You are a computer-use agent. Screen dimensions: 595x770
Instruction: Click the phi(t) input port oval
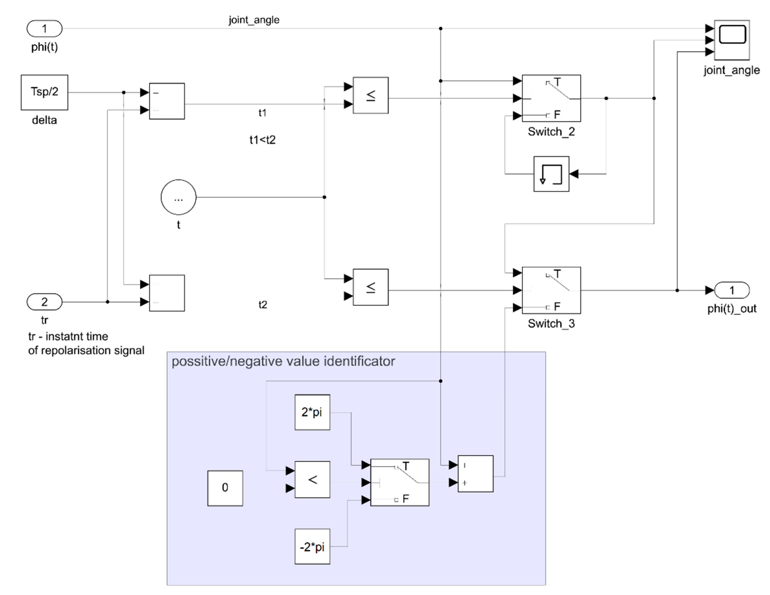(x=44, y=29)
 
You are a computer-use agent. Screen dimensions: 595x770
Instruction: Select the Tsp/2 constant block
(x=44, y=92)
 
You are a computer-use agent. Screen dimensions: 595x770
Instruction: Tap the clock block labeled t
(x=178, y=197)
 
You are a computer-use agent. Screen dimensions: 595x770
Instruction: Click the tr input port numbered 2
(x=44, y=302)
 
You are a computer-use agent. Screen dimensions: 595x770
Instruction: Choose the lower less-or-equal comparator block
(x=371, y=287)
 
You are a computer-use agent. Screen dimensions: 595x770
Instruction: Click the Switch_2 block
(x=551, y=98)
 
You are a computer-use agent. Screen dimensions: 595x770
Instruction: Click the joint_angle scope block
(x=731, y=40)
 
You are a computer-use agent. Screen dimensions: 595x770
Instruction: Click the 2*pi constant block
(x=312, y=412)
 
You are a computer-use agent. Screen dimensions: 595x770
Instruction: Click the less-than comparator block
(x=312, y=479)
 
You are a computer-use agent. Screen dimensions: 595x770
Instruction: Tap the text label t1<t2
(x=262, y=140)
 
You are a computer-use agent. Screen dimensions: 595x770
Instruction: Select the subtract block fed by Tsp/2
(x=167, y=101)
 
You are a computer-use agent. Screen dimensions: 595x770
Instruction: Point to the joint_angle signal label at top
(x=254, y=20)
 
